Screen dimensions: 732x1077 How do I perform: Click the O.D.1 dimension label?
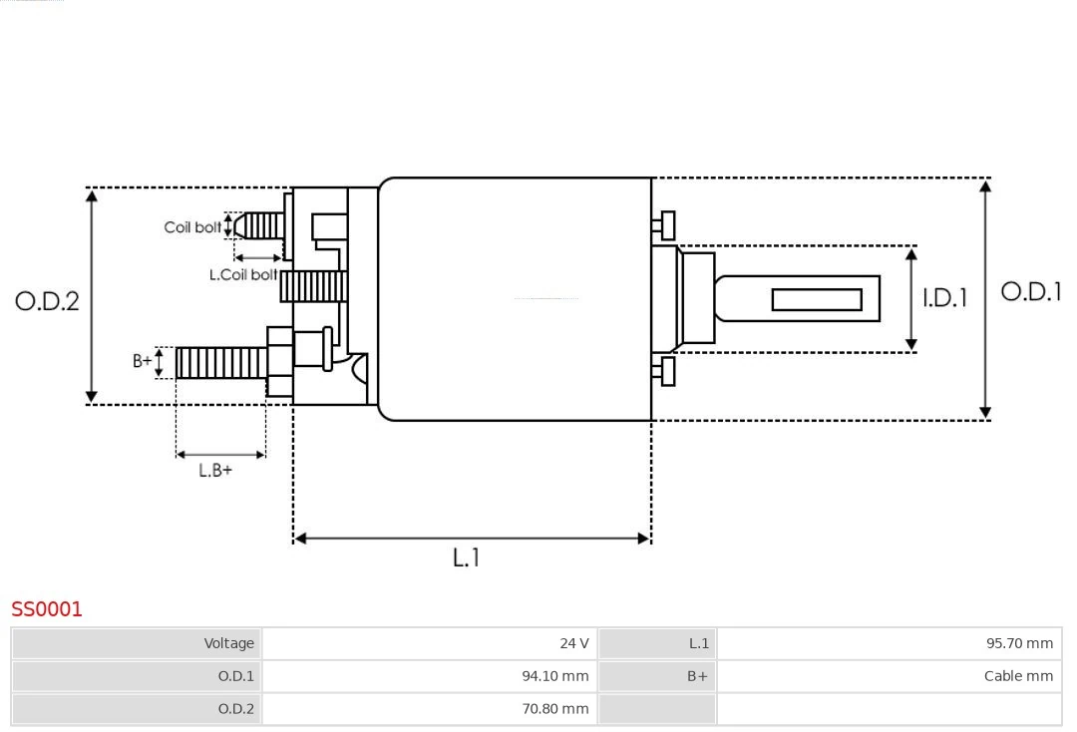(1030, 291)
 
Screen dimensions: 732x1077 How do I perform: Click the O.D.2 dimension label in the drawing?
(47, 300)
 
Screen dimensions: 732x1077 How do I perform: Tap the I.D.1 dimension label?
(944, 297)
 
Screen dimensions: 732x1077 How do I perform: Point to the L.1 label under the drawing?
(466, 557)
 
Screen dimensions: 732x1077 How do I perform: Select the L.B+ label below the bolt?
(214, 470)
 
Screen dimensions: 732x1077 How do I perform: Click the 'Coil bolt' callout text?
(192, 227)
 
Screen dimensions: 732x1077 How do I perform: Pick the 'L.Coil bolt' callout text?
(243, 274)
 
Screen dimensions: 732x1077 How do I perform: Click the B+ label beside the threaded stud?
(143, 361)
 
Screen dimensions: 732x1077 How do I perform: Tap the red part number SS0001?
(47, 608)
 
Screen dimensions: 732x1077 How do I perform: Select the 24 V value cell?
(429, 643)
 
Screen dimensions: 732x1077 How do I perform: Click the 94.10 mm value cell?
(429, 676)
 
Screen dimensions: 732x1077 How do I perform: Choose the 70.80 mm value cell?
(429, 709)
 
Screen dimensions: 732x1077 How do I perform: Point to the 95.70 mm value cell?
(889, 643)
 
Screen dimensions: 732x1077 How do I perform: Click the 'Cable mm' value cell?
(889, 676)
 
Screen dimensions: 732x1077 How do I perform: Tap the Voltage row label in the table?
(137, 643)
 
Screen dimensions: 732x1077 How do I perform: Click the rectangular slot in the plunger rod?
(817, 299)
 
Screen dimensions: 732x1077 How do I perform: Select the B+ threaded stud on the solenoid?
(220, 363)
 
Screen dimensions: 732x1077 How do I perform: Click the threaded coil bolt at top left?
(259, 225)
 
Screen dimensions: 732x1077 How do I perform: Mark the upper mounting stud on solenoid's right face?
(666, 225)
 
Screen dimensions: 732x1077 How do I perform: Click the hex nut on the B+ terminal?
(279, 362)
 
